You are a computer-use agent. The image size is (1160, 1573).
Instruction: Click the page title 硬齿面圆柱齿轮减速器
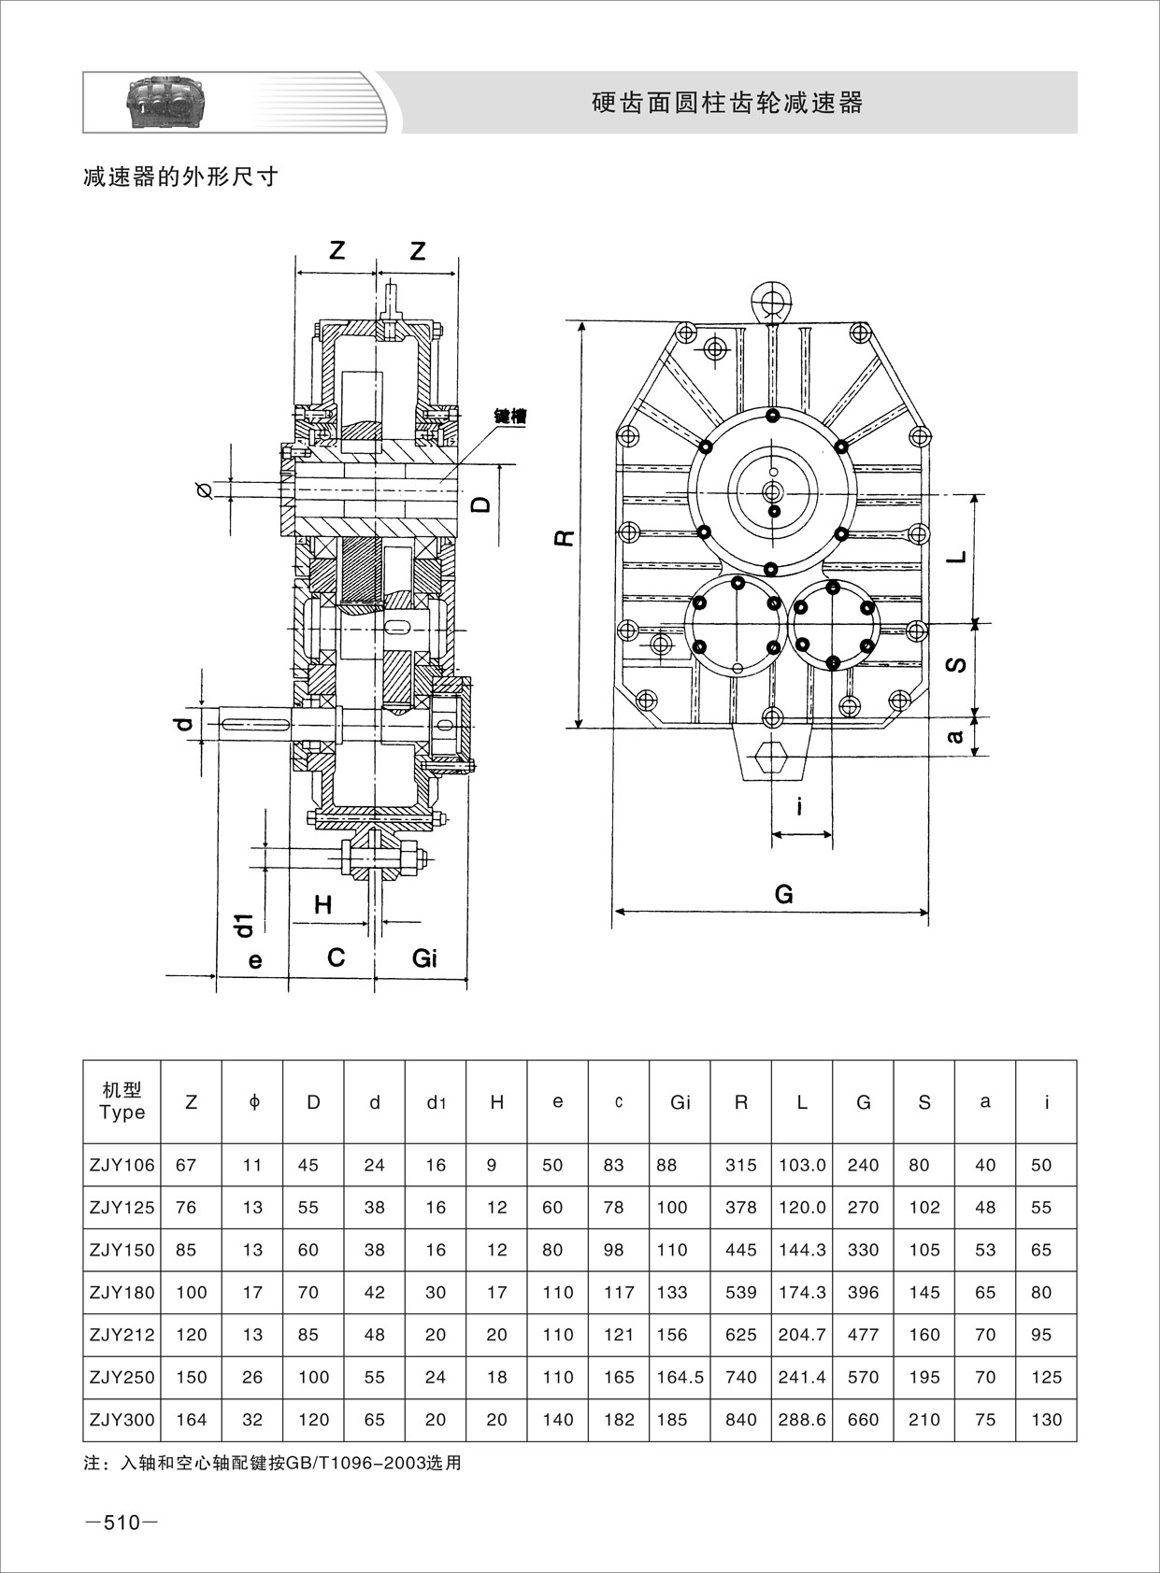pos(727,103)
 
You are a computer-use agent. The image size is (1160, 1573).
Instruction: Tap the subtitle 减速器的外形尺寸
pos(181,177)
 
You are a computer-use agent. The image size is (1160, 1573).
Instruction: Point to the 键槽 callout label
pos(509,417)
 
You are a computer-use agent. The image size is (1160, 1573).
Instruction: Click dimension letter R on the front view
pos(564,538)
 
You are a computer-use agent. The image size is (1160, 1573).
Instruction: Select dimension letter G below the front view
pos(783,894)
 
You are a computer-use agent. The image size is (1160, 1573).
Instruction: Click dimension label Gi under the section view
pos(424,957)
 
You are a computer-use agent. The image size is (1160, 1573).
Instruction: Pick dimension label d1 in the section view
pos(244,925)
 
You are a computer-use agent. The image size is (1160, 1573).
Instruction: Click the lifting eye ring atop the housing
pos(772,301)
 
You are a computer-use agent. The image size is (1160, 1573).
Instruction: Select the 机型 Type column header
pos(122,1101)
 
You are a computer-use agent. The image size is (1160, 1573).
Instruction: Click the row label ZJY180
pos(122,1293)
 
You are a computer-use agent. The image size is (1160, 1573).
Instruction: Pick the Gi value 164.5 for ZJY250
pos(680,1377)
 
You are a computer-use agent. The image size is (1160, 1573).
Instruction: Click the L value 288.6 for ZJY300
pos(802,1420)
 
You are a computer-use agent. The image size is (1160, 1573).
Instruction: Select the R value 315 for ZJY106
pos(741,1165)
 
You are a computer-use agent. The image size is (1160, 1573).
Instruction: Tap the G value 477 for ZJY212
pos(863,1335)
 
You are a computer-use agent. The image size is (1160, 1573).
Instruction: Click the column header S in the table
pos(924,1102)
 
